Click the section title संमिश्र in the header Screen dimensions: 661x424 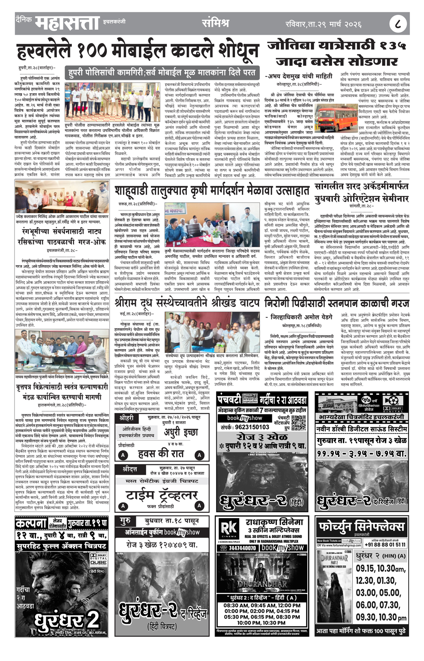pos(215,23)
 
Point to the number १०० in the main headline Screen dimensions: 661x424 pos(94,52)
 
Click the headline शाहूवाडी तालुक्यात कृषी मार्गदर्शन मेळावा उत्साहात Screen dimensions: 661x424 pos(212,191)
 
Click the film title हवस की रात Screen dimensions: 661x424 pos(161,453)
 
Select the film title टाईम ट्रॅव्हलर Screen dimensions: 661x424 pos(161,495)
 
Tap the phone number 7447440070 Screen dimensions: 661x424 pos(242,548)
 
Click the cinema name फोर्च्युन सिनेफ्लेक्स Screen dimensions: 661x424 pos(361,525)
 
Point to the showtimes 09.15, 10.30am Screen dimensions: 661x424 pos(380,568)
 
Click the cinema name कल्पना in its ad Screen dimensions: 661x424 pos(30,523)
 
